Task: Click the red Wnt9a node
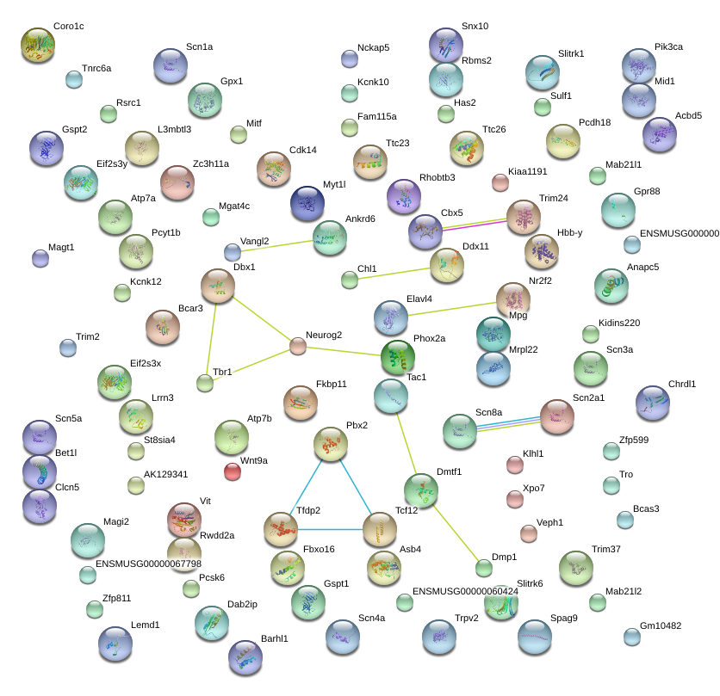click(233, 471)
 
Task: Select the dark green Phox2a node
click(398, 357)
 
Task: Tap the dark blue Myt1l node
click(307, 203)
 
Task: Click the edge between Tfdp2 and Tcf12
click(330, 529)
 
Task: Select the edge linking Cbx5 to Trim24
click(475, 225)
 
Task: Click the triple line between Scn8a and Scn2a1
click(508, 424)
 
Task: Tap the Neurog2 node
click(298, 346)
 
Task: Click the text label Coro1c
click(68, 26)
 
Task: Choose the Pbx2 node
click(331, 444)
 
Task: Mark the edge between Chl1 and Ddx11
click(394, 274)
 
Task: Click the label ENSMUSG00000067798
click(148, 564)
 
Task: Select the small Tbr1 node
click(205, 383)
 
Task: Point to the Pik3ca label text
click(668, 46)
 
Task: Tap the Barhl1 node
click(245, 657)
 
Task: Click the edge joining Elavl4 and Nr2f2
click(452, 309)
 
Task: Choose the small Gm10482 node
click(632, 637)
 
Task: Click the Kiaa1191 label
click(528, 171)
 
